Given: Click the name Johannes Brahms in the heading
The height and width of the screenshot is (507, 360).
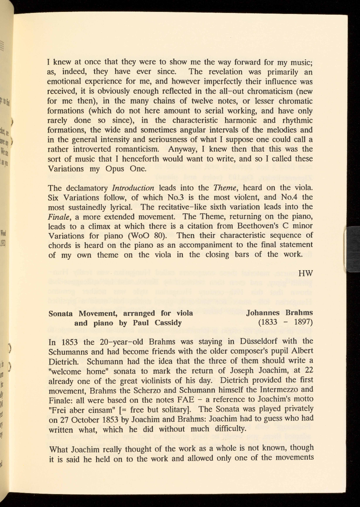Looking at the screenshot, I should [279, 312].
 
